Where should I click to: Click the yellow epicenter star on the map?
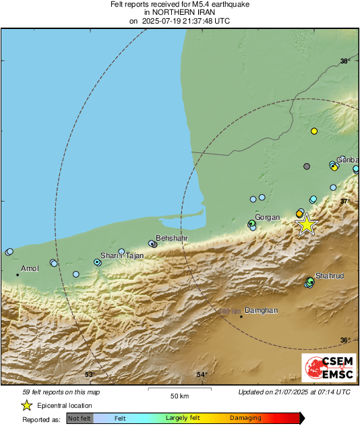point(307,224)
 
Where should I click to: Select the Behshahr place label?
point(171,239)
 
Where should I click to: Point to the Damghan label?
point(261,310)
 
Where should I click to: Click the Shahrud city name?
point(330,276)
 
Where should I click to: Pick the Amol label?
point(31,268)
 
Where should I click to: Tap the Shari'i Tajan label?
point(122,255)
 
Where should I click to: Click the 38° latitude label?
point(344,61)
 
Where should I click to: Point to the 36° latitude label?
point(344,340)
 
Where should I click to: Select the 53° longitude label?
point(90,374)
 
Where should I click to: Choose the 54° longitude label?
point(201,374)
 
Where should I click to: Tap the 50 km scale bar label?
point(179,395)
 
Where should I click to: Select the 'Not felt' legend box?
point(80,418)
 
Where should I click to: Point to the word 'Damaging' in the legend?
point(245,418)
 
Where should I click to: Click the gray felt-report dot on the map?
point(307,166)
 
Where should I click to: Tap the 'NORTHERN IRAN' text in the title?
point(180,12)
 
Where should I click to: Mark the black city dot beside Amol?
point(18,274)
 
